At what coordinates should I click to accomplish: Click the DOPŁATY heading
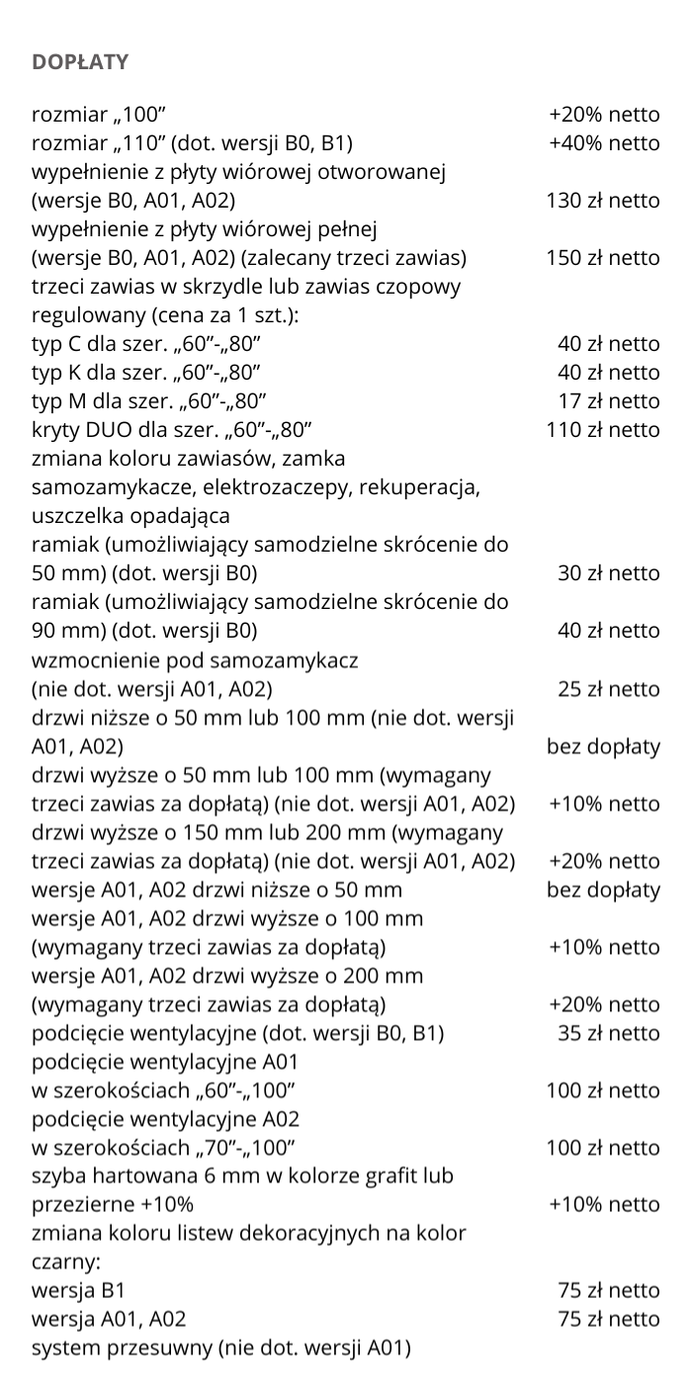tap(80, 62)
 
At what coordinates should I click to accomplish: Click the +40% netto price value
tap(603, 143)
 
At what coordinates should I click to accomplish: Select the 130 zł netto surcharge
tap(602, 201)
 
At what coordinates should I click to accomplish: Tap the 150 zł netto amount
tap(602, 258)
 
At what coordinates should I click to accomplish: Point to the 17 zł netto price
tap(608, 401)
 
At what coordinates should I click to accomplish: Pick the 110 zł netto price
tap(602, 430)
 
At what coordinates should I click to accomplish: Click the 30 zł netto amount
tap(608, 573)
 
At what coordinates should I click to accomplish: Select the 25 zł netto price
tap(608, 688)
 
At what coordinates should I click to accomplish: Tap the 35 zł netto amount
tap(608, 1033)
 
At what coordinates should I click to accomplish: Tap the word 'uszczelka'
tap(75, 516)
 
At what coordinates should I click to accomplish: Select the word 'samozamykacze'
tap(107, 487)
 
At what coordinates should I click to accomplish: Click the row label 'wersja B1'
tap(78, 1291)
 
